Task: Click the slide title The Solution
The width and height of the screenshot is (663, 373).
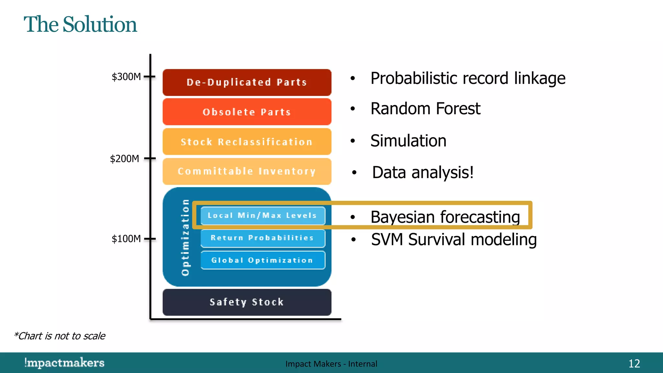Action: [x=80, y=25]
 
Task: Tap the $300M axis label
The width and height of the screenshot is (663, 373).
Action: [x=126, y=77]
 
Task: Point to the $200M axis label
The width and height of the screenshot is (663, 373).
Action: [x=125, y=159]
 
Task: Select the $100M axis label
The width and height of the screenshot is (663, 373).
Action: [x=126, y=239]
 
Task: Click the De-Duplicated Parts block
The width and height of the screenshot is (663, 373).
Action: [x=247, y=82]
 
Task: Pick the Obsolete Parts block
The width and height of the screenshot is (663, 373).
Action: [x=247, y=112]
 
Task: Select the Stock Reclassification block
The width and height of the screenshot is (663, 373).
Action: [x=247, y=142]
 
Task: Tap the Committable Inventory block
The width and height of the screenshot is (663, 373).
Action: [x=247, y=171]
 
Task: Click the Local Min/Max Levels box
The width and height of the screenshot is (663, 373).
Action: [x=262, y=216]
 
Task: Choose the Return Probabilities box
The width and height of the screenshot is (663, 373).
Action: [x=262, y=238]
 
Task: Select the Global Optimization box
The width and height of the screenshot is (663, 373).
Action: [x=262, y=260]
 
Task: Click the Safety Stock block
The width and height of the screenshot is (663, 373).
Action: [x=247, y=302]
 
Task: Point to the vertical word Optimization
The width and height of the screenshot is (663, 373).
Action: [x=185, y=237]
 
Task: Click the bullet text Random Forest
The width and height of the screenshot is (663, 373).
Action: [x=425, y=109]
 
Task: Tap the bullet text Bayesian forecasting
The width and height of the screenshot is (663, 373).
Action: [x=445, y=217]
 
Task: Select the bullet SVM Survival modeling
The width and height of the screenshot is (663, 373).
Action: [x=454, y=240]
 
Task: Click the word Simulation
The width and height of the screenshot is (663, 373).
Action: [x=408, y=141]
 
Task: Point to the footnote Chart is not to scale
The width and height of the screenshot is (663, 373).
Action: [x=60, y=336]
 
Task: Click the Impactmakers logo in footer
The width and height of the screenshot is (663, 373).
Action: [x=64, y=363]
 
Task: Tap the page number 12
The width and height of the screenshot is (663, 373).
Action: [x=634, y=364]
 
